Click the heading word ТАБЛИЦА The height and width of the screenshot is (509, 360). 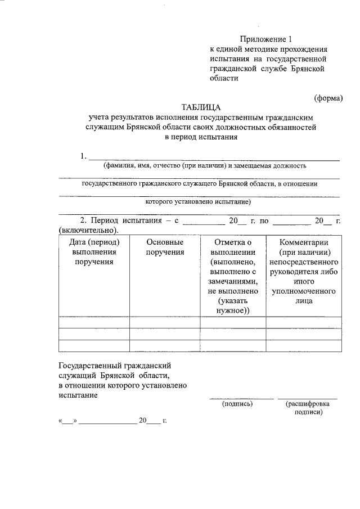[201, 107]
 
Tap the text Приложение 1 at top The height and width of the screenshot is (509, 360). [267, 39]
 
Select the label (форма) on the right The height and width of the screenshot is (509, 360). [328, 97]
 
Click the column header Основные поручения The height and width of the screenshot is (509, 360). [165, 247]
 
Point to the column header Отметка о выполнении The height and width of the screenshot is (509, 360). [233, 247]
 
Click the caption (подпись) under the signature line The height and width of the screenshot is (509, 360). [238, 403]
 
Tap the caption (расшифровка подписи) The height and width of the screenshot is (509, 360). [307, 407]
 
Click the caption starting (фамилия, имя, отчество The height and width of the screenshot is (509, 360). [204, 166]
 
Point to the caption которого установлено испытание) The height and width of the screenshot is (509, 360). [198, 201]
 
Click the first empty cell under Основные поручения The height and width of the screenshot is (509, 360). [165, 322]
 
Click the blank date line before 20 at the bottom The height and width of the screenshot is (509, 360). [107, 420]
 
